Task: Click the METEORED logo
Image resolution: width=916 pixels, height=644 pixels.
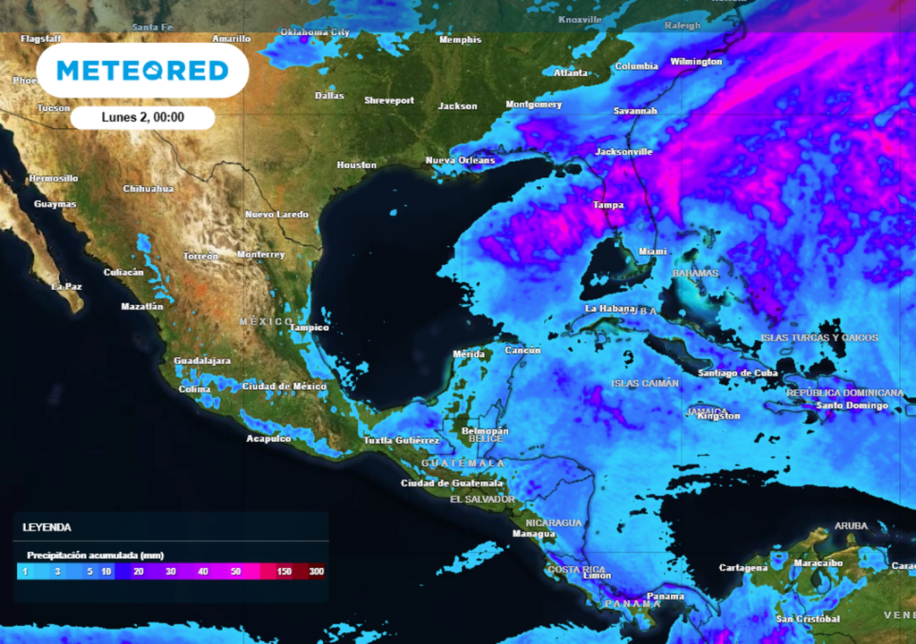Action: pyautogui.click(x=142, y=71)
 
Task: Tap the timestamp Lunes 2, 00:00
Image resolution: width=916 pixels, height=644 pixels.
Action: pyautogui.click(x=143, y=117)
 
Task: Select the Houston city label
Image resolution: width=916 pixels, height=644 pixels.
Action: pyautogui.click(x=356, y=165)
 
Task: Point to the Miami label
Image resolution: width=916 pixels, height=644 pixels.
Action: pyautogui.click(x=652, y=252)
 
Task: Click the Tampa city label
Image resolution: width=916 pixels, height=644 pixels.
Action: pyautogui.click(x=608, y=206)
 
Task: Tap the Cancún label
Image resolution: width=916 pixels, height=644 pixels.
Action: pyautogui.click(x=522, y=351)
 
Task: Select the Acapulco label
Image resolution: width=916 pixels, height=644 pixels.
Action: pyautogui.click(x=268, y=438)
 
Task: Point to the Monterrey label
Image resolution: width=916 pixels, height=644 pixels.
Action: pyautogui.click(x=261, y=255)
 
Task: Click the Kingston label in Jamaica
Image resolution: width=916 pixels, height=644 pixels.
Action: pyautogui.click(x=718, y=416)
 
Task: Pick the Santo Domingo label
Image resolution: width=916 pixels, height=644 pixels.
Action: pyautogui.click(x=852, y=406)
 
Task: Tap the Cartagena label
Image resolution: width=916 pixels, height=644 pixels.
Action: pyautogui.click(x=743, y=568)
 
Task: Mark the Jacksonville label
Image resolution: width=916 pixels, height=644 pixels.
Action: pyautogui.click(x=623, y=152)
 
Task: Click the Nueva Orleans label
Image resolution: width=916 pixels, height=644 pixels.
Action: pyautogui.click(x=460, y=161)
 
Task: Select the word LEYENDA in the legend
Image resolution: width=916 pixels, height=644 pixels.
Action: pyautogui.click(x=47, y=528)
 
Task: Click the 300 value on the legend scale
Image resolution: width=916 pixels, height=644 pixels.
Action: pyautogui.click(x=317, y=571)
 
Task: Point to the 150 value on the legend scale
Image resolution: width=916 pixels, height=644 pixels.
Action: pyautogui.click(x=284, y=571)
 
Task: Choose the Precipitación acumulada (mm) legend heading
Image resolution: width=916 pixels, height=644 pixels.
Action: pyautogui.click(x=95, y=555)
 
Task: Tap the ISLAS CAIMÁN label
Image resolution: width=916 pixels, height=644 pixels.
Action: pyautogui.click(x=645, y=384)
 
